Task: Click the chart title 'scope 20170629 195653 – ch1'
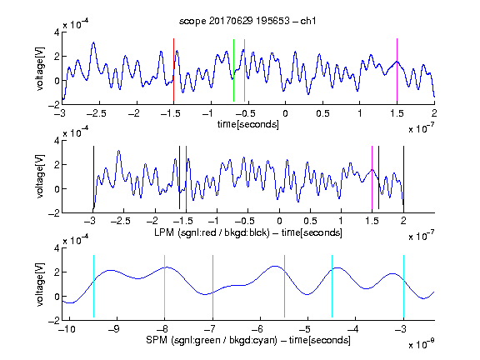pyautogui.click(x=247, y=21)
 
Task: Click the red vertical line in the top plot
pyautogui.click(x=173, y=70)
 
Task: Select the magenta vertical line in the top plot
pyautogui.click(x=397, y=70)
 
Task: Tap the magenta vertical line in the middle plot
pyautogui.click(x=372, y=177)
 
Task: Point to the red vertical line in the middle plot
pyautogui.click(x=186, y=177)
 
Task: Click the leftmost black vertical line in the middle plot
pyautogui.click(x=93, y=177)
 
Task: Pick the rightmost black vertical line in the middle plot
pyautogui.click(x=403, y=177)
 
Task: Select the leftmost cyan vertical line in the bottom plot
pyautogui.click(x=93, y=286)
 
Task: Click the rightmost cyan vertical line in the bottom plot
pyautogui.click(x=403, y=286)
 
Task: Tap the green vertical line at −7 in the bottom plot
pyautogui.click(x=212, y=286)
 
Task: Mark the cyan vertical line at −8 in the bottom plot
pyautogui.click(x=165, y=286)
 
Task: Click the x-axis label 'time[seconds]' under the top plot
pyautogui.click(x=248, y=124)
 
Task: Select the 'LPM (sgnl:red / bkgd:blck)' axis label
pyautogui.click(x=212, y=232)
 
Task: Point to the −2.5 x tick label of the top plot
pyautogui.click(x=97, y=113)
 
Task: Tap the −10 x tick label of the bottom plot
pyautogui.click(x=67, y=329)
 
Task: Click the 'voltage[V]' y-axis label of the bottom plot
pyautogui.click(x=40, y=284)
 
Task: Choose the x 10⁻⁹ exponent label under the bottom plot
pyautogui.click(x=422, y=344)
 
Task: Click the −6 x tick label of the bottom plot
pyautogui.click(x=257, y=329)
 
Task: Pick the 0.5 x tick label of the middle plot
pyautogui.click(x=310, y=221)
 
